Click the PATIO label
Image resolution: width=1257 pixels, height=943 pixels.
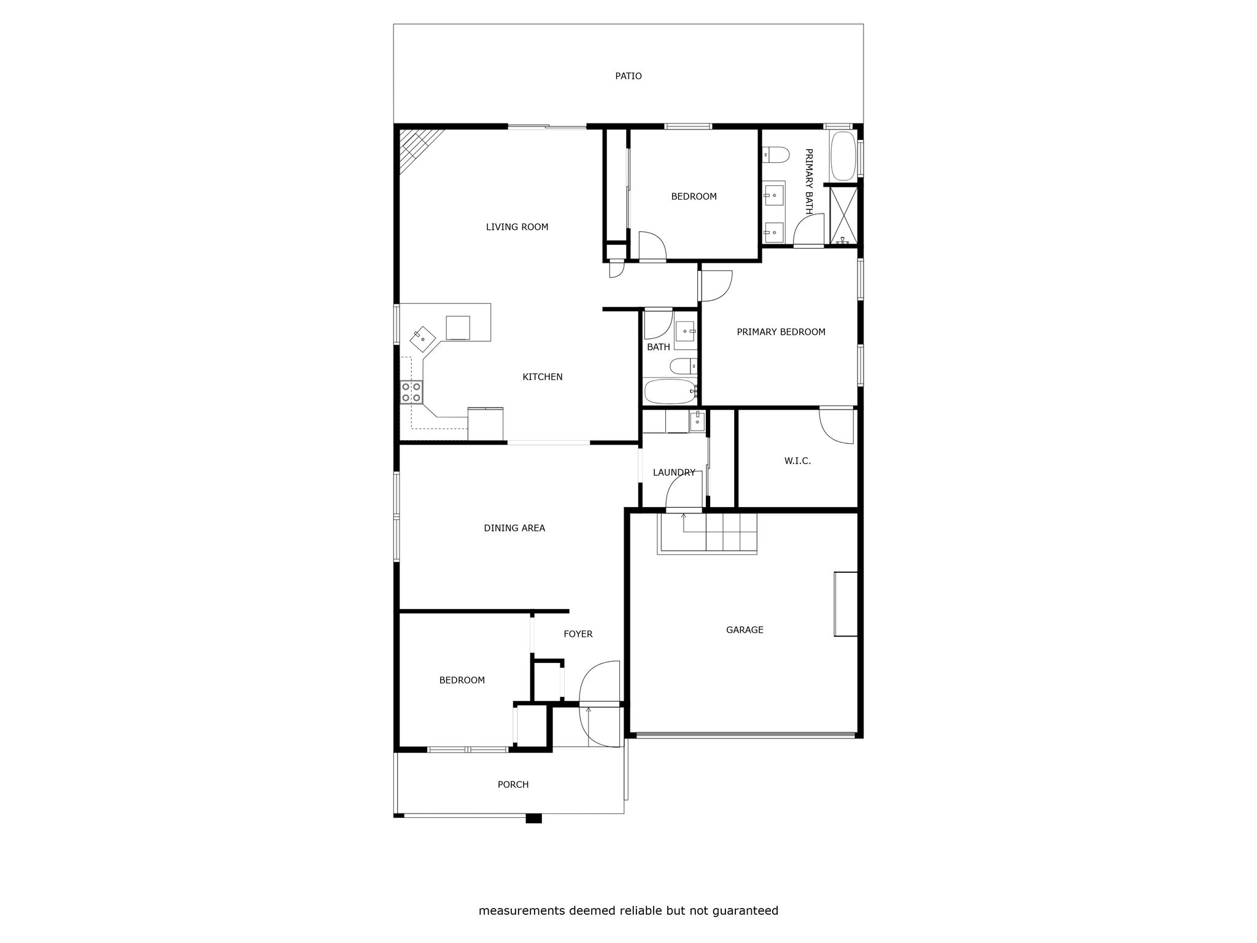click(x=628, y=76)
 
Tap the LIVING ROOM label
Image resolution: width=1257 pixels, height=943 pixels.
click(x=517, y=227)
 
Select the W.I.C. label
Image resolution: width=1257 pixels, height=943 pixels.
click(x=797, y=461)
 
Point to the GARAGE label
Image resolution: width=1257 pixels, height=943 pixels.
click(x=745, y=630)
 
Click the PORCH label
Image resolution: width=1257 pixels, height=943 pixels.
click(x=513, y=785)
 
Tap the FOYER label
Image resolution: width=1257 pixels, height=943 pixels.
click(x=578, y=634)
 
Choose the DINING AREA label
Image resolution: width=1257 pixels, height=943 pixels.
click(x=514, y=528)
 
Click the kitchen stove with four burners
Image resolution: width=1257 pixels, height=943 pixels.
click(x=411, y=392)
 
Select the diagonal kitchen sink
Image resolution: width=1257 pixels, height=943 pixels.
click(x=422, y=339)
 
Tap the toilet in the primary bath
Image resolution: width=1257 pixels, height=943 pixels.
click(x=776, y=155)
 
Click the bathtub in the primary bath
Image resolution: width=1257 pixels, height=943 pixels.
click(x=843, y=155)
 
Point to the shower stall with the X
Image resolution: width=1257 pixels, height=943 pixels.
click(x=843, y=214)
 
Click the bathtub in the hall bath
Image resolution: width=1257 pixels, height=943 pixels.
click(x=670, y=391)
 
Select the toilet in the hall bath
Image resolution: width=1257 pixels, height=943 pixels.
click(x=683, y=367)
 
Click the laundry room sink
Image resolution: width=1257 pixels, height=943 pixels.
click(x=697, y=422)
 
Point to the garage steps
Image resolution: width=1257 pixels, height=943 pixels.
click(x=707, y=533)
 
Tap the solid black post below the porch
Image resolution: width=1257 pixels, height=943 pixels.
click(x=534, y=818)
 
